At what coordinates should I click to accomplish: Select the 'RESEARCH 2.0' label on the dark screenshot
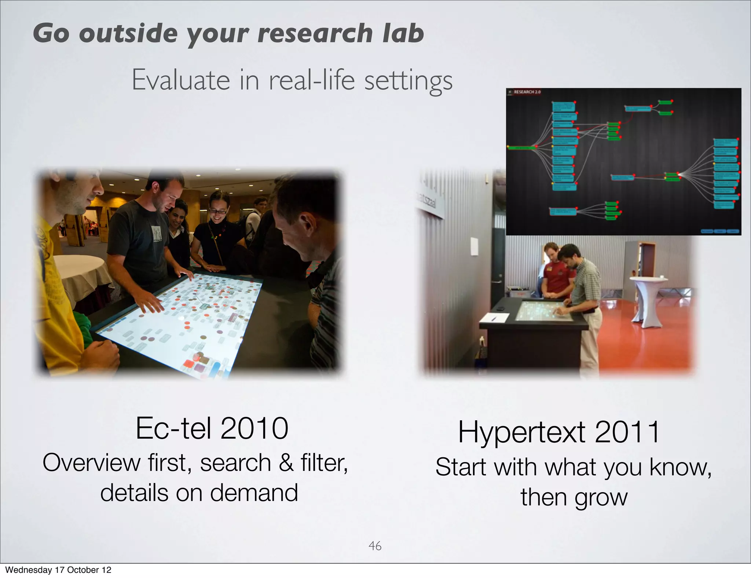(527, 92)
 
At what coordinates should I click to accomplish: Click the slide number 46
(375, 546)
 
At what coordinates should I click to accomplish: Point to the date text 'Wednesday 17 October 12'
(58, 570)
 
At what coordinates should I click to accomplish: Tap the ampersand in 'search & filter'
(286, 463)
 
